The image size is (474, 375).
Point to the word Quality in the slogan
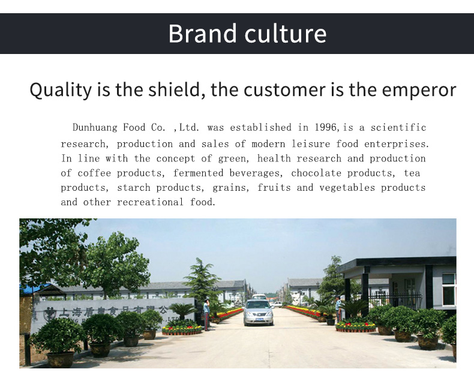coord(59,90)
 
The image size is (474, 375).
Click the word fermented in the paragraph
coord(199,173)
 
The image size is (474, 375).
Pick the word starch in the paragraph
coord(134,188)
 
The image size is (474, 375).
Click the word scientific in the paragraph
coord(398,128)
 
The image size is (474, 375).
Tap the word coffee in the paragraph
coord(94,173)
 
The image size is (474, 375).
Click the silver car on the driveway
coord(258,312)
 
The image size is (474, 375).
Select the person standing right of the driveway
coord(338,308)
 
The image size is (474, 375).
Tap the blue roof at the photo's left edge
coord(34,289)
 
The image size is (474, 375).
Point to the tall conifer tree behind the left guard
coord(202,279)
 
